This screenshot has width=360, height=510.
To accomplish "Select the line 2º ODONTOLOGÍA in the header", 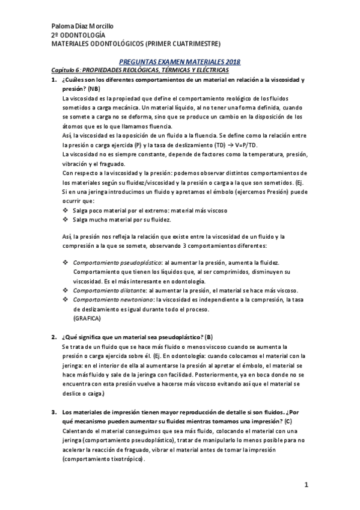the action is (x=82, y=35).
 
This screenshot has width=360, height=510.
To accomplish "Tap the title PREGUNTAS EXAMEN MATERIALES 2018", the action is (x=180, y=62).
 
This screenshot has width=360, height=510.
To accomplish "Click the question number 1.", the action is (x=54, y=80).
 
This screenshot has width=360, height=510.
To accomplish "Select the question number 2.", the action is (x=54, y=336).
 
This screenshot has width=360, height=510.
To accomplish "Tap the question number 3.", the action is (x=54, y=413).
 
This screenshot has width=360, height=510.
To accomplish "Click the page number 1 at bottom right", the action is (x=307, y=485).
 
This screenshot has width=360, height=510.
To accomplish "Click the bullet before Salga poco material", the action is (x=66, y=210).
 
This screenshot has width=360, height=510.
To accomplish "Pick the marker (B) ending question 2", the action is (x=209, y=336).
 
